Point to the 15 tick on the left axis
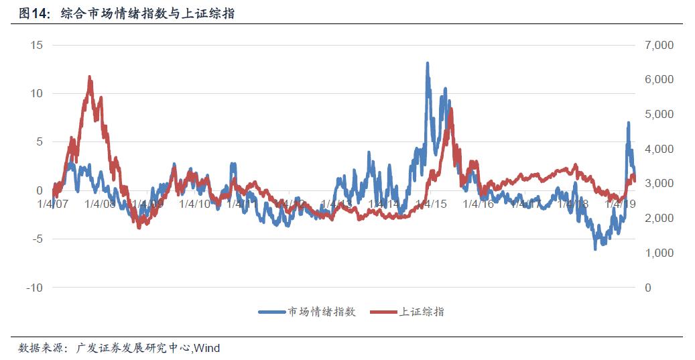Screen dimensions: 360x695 click(36, 45)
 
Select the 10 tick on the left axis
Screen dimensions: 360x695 click(36, 93)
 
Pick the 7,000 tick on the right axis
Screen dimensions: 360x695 click(659, 45)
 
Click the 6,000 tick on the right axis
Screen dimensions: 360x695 click(659, 80)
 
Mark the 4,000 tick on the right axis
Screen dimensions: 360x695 click(659, 149)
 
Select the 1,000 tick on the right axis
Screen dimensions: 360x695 click(659, 253)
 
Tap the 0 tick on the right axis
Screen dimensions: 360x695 click(647, 288)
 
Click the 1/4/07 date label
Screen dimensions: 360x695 click(53, 204)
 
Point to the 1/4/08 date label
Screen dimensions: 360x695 click(101, 204)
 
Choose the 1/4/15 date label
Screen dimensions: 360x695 click(432, 204)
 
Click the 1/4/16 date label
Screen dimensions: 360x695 click(479, 204)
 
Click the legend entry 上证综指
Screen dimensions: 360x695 click(422, 312)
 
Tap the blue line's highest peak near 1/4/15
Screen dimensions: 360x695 click(427, 63)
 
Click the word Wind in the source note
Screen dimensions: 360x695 click(207, 348)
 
